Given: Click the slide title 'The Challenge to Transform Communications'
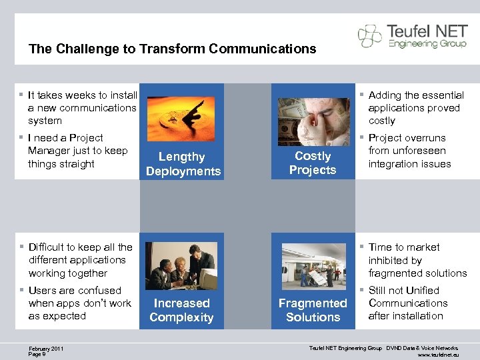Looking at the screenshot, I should tap(172, 49).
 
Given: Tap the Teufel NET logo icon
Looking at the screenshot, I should tap(370, 35).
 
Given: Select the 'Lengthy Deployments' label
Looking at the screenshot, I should tap(183, 164).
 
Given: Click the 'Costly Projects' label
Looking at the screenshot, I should tap(313, 163).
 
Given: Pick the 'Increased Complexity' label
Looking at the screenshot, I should tap(181, 310).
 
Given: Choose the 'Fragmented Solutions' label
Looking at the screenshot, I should tap(313, 310).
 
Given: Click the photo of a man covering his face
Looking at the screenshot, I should tap(313, 121).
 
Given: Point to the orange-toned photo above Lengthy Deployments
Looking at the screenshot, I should tap(181, 119).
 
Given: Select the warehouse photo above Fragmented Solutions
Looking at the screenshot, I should tap(313, 265).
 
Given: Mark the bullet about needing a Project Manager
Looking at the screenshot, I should tap(77, 151).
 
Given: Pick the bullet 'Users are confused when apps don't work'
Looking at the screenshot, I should tap(79, 303).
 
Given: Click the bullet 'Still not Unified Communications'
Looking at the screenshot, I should tap(407, 303).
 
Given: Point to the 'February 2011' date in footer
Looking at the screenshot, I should tap(45, 348).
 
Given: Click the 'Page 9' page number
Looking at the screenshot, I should tap(37, 354).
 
